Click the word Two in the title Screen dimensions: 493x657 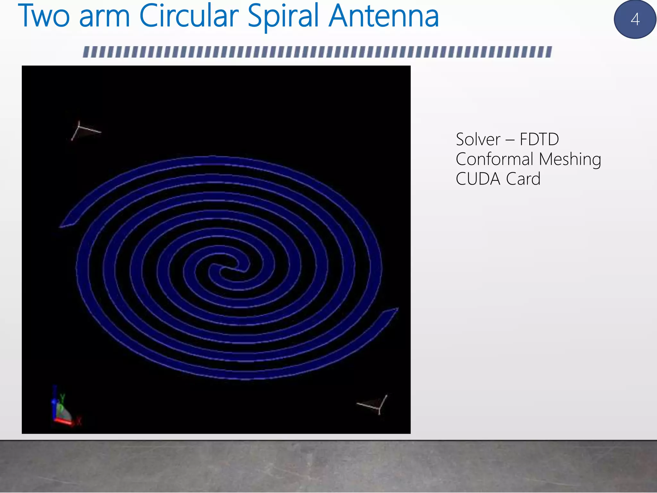pos(44,16)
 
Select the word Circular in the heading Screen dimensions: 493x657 pos(189,16)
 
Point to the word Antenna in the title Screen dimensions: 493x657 pos(384,16)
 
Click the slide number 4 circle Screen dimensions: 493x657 pos(635,19)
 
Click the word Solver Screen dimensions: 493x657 pos(478,139)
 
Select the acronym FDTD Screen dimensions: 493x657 pos(539,139)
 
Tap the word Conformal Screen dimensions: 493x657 pos(495,159)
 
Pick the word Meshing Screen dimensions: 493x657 pos(570,160)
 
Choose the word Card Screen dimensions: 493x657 pos(523,179)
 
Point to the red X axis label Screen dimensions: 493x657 pos(79,420)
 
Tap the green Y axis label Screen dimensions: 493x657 pos(63,398)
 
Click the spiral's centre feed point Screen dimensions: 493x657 pos(229,268)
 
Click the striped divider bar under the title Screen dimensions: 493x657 pos(317,52)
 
